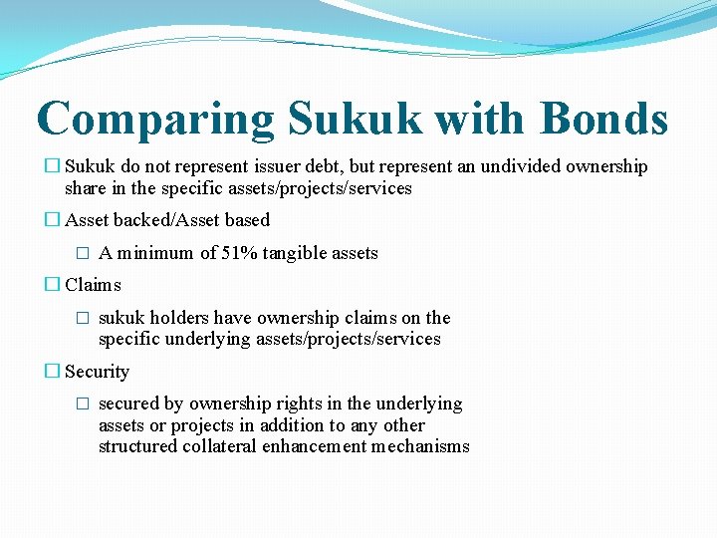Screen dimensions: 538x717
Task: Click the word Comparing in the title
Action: point(154,120)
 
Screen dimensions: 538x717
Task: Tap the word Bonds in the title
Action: point(604,120)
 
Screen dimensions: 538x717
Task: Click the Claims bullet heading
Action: point(93,285)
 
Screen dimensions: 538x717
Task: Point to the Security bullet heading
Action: point(97,372)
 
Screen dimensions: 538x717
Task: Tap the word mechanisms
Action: point(418,446)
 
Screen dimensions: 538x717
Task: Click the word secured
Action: point(127,403)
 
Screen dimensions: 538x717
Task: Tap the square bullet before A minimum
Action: point(84,254)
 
